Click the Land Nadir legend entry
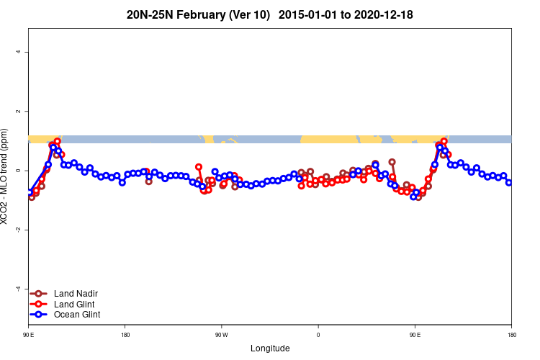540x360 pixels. [76, 293]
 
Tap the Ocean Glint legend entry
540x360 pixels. [77, 314]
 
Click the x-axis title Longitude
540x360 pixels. [270, 348]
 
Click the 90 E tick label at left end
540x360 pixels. [29, 335]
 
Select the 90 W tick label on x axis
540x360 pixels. [221, 335]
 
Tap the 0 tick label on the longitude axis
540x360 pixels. [318, 335]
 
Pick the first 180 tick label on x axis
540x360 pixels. [125, 335]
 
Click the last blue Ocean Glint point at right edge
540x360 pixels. [509, 182]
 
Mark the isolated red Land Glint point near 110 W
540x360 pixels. [199, 167]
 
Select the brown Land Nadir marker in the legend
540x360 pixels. [39, 293]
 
